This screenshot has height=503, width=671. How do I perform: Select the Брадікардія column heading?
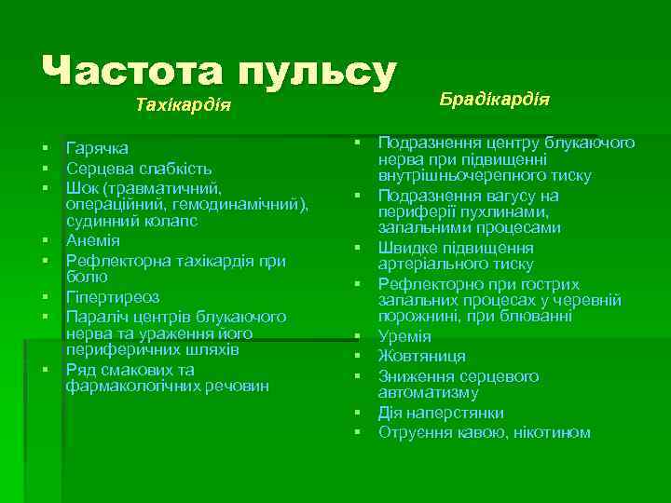(x=494, y=99)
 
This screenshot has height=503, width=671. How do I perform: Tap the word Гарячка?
(x=98, y=148)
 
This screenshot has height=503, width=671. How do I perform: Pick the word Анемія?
(x=93, y=240)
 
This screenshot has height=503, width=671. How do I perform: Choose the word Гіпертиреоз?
(x=113, y=297)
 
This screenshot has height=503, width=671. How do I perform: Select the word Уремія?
(x=404, y=336)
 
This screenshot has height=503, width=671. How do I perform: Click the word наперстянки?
(x=455, y=413)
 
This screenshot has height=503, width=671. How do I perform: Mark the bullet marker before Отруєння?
(x=358, y=432)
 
